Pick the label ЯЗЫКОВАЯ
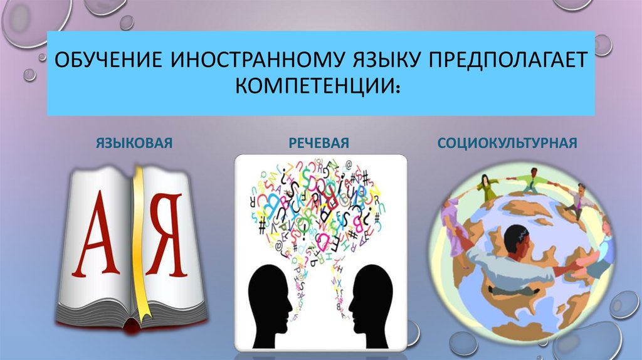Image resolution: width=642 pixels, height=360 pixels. (134, 143)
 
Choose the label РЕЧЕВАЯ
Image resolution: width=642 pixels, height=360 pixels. (319, 143)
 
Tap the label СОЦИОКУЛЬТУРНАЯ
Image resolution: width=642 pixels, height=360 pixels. (507, 143)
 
